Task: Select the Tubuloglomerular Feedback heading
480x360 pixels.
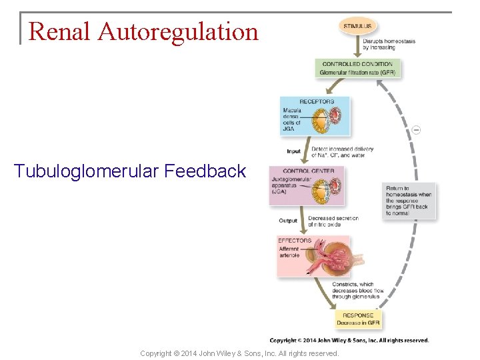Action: [x=130, y=171]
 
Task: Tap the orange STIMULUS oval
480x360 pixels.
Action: [x=358, y=26]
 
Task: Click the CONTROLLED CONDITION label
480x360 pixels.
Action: [x=357, y=64]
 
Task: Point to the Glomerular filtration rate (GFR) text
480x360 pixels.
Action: [x=357, y=72]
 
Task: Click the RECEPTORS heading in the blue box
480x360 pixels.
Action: [x=316, y=101]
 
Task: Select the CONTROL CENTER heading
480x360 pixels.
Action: [x=303, y=171]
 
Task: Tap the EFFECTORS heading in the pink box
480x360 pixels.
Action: [x=295, y=240]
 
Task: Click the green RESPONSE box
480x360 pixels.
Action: [x=359, y=319]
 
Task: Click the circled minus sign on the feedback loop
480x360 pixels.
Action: [x=416, y=129]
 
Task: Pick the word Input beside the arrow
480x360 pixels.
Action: [x=293, y=152]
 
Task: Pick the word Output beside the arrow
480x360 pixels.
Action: [x=288, y=221]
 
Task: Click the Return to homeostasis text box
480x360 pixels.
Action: [x=409, y=201]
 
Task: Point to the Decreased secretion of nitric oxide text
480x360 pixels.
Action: [x=333, y=221]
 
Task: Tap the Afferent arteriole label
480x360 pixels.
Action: [x=290, y=252]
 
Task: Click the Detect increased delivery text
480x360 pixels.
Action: [x=342, y=152]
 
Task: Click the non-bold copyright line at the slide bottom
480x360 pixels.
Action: [x=239, y=353]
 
